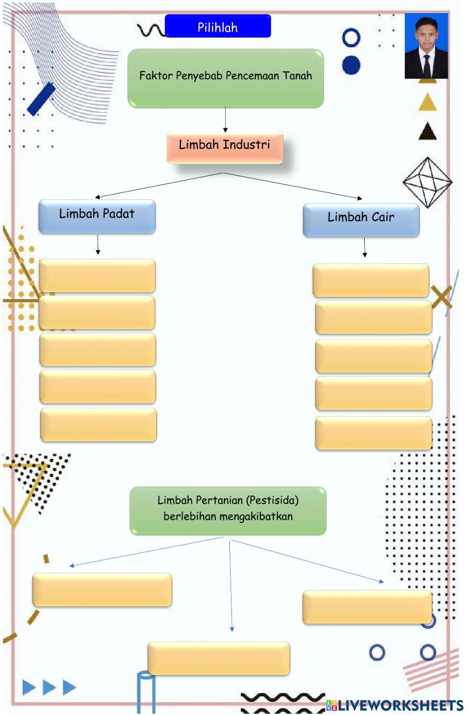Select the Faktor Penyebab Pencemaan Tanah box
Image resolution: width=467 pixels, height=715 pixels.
(x=226, y=78)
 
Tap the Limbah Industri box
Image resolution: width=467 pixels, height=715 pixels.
(x=225, y=147)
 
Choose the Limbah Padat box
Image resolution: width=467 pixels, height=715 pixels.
(x=97, y=216)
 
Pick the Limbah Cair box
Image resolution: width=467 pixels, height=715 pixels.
(x=361, y=219)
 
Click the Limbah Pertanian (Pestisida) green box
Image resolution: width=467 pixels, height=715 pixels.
(x=228, y=510)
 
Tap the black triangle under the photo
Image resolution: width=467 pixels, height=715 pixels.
(x=427, y=132)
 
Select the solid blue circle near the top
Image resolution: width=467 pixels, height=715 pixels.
(x=351, y=65)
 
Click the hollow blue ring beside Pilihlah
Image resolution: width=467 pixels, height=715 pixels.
(x=351, y=38)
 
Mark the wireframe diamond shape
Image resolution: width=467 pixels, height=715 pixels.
(x=427, y=182)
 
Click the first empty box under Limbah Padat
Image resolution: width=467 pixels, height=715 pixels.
(x=97, y=276)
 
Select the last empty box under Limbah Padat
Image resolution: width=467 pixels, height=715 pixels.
(x=98, y=424)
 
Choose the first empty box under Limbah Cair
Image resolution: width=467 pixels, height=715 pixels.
(x=371, y=280)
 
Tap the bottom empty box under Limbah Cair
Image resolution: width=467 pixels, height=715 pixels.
(x=374, y=433)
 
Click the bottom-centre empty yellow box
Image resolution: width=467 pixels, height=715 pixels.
(x=219, y=658)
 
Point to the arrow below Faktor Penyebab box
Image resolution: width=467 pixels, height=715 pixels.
(x=225, y=120)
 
